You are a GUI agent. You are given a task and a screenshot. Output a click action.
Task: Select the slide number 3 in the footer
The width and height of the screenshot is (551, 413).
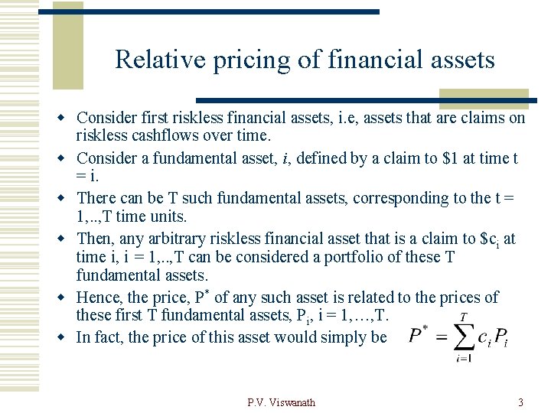coord(520,402)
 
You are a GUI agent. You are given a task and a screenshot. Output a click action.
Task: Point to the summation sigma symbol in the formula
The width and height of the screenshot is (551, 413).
coord(464,337)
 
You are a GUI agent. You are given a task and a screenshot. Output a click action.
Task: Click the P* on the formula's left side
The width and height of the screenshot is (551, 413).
coord(418,336)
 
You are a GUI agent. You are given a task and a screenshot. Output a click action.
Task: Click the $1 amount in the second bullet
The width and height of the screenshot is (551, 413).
coord(452,158)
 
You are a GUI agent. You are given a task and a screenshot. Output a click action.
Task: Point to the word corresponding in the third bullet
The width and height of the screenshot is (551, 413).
coord(414,198)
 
